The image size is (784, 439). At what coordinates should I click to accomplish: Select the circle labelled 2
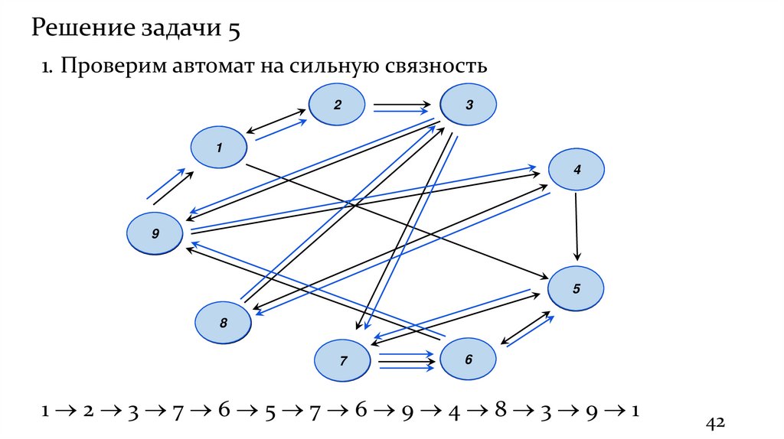(x=338, y=105)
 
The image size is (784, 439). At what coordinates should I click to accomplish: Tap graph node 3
(x=468, y=104)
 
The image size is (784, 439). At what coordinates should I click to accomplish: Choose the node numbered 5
(x=577, y=288)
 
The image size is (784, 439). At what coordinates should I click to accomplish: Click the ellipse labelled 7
(x=344, y=359)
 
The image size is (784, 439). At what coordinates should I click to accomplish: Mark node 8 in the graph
(x=224, y=324)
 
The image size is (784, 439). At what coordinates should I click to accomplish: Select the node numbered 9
(x=155, y=233)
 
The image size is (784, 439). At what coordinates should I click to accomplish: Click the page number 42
(x=715, y=423)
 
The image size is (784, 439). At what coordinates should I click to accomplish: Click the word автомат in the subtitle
(x=194, y=67)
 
